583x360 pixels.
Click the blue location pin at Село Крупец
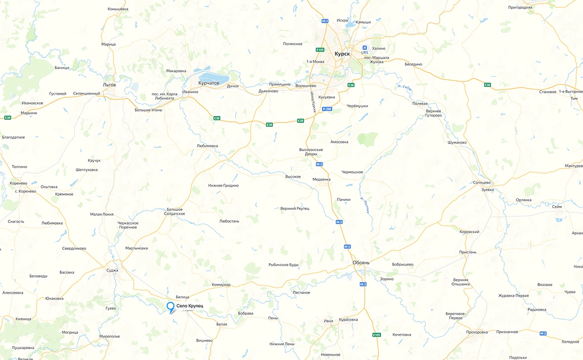tap(171, 307)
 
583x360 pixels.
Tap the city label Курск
tap(342, 53)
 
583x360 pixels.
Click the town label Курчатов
tap(208, 83)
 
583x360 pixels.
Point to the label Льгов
tap(109, 84)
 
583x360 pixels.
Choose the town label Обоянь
tap(361, 262)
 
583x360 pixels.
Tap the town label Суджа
tap(112, 270)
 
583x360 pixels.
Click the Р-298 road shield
tap(327, 109)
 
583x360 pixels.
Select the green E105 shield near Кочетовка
tap(376, 335)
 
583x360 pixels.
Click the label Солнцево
tap(482, 182)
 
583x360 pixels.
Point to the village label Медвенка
tap(321, 179)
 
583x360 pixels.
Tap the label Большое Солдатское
tap(174, 211)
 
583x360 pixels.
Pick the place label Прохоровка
tap(477, 332)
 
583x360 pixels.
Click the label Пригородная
tap(520, 7)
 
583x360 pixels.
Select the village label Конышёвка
tap(118, 9)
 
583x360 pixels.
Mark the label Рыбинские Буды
tap(284, 265)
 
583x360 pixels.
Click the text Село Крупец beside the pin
tap(190, 307)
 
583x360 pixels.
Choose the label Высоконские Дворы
tap(311, 152)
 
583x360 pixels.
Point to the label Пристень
tap(467, 252)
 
